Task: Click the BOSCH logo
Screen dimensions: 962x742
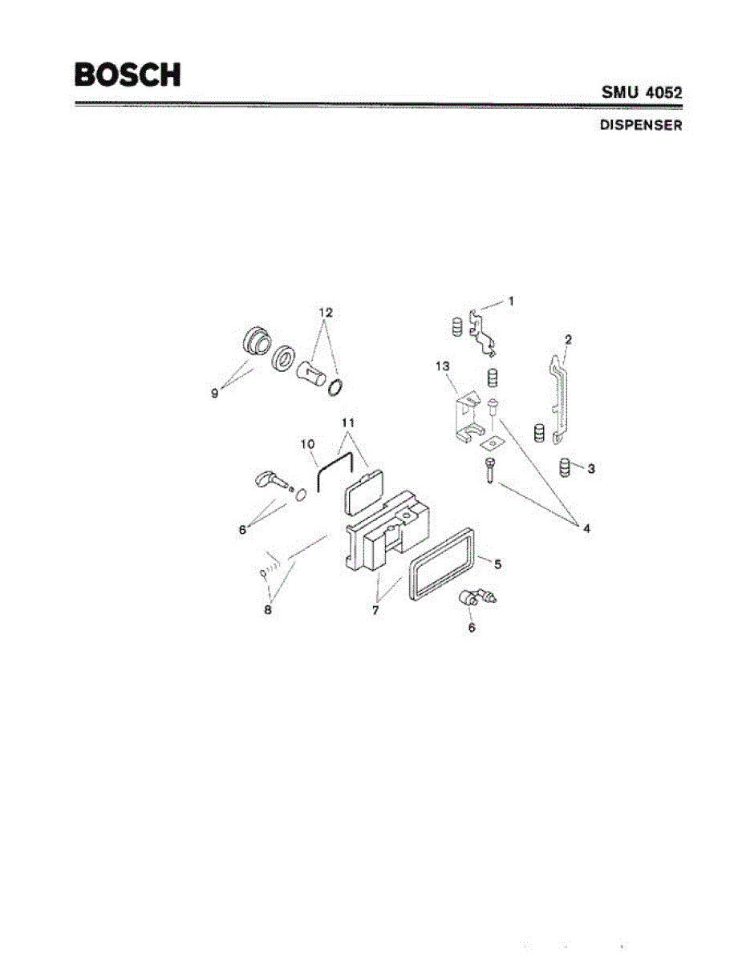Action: [x=128, y=75]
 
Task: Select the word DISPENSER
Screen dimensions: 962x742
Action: [x=642, y=126]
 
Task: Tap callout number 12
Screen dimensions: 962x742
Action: [x=324, y=311]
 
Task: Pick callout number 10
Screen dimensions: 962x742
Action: [x=306, y=443]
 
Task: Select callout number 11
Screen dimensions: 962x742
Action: [x=346, y=422]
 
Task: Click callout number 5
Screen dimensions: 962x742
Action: [x=497, y=564]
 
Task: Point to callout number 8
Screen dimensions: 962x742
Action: [x=268, y=609]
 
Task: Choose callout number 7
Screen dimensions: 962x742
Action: [x=375, y=611]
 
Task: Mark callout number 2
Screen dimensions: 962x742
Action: [x=568, y=339]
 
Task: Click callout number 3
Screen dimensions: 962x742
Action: [x=591, y=468]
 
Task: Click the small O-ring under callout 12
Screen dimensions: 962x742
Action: [x=337, y=388]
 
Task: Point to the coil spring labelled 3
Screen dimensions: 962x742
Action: [x=566, y=466]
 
